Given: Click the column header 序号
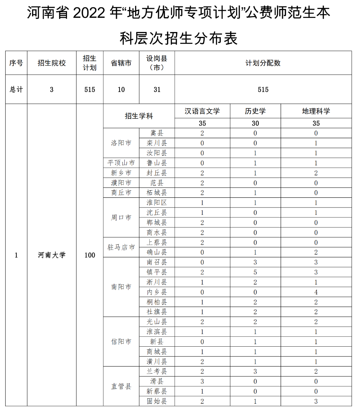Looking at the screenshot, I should pos(16,63).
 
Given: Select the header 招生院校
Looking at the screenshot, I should pos(52,63).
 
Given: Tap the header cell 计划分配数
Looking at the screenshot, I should pos(263,63).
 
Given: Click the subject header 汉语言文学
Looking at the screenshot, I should pos(202,111).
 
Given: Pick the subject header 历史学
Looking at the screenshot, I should pos(255,111).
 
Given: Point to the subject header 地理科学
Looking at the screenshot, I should pos(316,111).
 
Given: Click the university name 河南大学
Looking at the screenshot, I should pos(52,255).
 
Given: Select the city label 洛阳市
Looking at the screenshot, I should pos(121,143).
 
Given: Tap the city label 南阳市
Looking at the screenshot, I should pos(121,287).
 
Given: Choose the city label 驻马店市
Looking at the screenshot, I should pos(121,247).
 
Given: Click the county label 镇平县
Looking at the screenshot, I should pos(157,272).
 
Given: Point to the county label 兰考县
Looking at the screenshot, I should pos(157,371).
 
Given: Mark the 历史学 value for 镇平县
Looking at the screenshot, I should pos(255,272).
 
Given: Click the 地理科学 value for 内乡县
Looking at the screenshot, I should pos(316,292).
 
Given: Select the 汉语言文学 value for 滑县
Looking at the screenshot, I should pos(202,381).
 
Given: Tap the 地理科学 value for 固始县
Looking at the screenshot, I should pos(316,401).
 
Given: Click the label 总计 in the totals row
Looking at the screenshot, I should pos(16,89).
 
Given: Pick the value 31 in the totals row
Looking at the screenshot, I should pos(157,89).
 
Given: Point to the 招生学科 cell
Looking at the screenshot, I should pos(138,116).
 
